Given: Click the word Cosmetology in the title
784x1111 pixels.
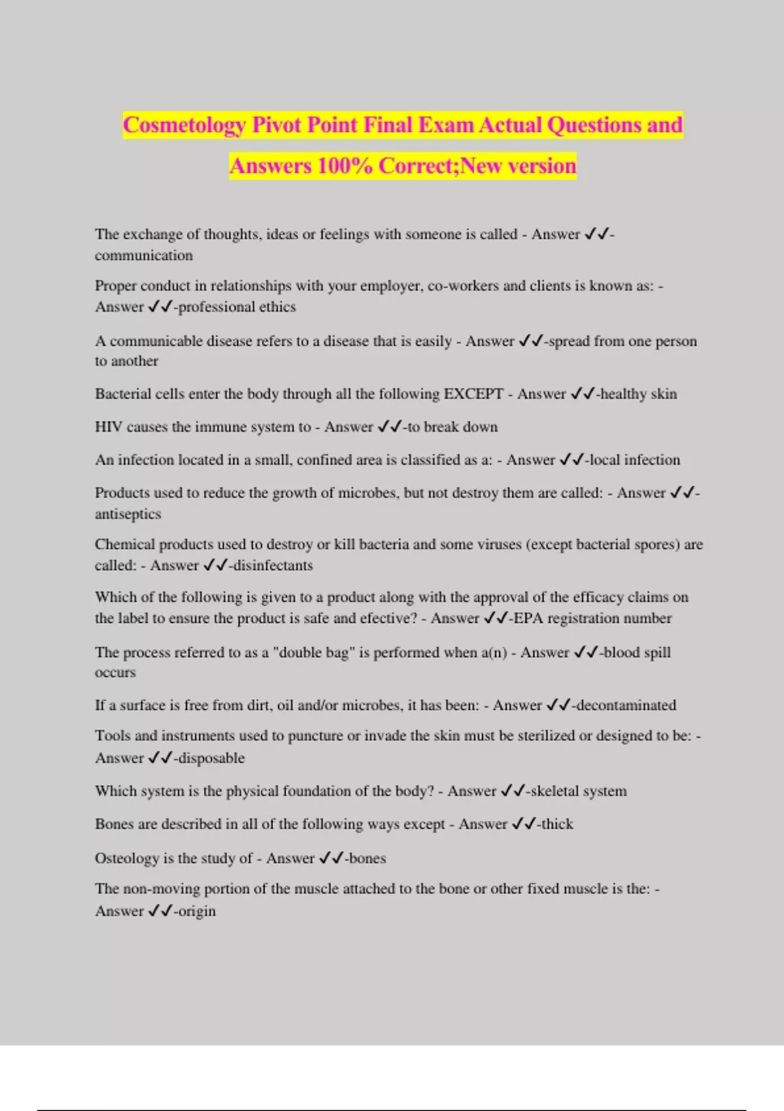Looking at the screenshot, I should pos(184,125).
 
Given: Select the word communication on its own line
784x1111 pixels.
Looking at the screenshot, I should pos(144,256).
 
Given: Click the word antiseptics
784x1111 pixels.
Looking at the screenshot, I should pos(128,514).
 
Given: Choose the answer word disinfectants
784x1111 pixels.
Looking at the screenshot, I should pos(273,566).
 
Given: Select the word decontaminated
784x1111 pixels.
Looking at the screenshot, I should pos(626,706).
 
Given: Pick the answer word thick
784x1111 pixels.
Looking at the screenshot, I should pos(557,824).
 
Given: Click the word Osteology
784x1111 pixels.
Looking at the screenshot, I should pos(127,859).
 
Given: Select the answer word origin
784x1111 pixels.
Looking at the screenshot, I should pos(197,912).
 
